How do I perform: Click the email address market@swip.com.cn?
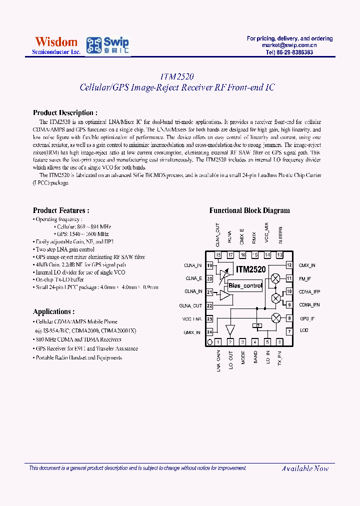(289, 45)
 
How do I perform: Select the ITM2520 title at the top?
(177, 76)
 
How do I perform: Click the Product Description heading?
(65, 113)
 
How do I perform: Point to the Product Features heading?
(61, 210)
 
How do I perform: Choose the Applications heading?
(54, 311)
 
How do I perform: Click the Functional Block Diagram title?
(249, 210)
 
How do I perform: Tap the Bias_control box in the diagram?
(244, 286)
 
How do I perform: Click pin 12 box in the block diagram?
(289, 265)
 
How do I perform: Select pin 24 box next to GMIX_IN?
(209, 331)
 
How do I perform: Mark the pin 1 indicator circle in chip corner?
(210, 342)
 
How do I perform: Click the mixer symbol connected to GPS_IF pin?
(275, 318)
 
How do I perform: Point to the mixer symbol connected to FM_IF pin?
(275, 278)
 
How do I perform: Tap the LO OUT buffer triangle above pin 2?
(230, 330)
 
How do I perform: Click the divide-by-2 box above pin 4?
(256, 325)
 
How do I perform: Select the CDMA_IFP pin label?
(309, 291)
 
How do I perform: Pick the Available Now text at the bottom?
(305, 468)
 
